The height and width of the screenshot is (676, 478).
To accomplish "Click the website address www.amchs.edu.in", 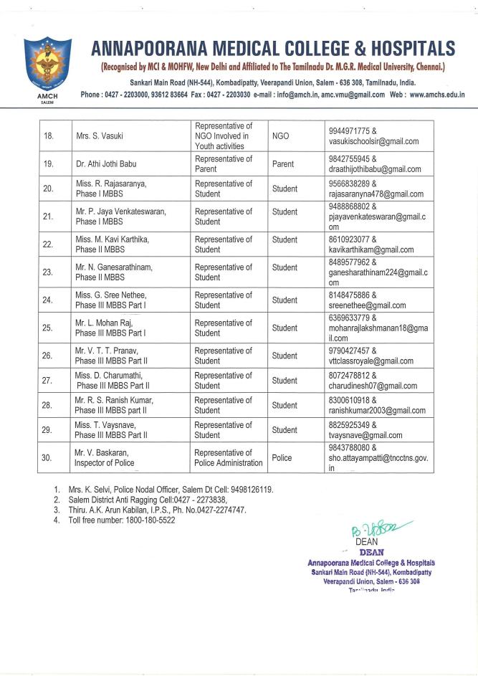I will click(x=437, y=95).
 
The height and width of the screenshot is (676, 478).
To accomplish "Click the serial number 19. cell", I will click(x=49, y=163).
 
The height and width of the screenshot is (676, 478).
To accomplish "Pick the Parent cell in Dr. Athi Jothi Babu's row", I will click(x=283, y=163).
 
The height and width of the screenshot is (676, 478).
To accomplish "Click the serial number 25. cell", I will click(x=49, y=328).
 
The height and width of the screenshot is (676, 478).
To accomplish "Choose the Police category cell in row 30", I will click(x=282, y=457).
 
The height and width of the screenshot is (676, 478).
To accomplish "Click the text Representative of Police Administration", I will click(x=228, y=457).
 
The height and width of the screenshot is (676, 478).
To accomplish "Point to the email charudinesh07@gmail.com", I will click(x=373, y=386).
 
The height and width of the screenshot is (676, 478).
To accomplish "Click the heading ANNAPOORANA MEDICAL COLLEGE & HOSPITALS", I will click(x=272, y=49).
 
